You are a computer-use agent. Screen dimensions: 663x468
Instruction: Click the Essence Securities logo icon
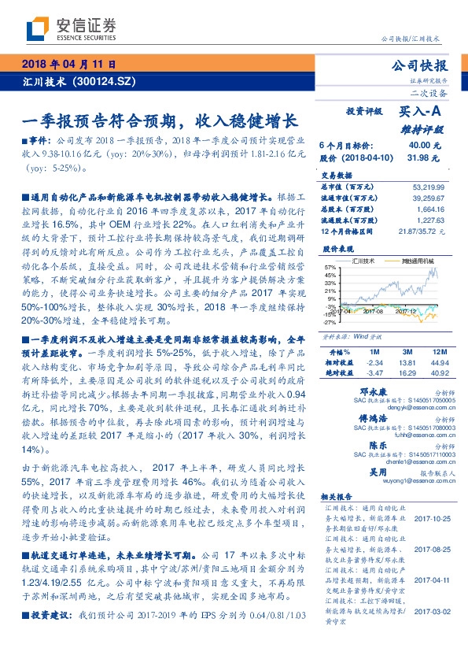[36, 30]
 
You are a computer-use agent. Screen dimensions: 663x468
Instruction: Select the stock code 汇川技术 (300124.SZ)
[70, 80]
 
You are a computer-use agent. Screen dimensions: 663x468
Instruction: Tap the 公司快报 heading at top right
[425, 66]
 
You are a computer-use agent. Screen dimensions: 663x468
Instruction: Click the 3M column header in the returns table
[407, 350]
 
